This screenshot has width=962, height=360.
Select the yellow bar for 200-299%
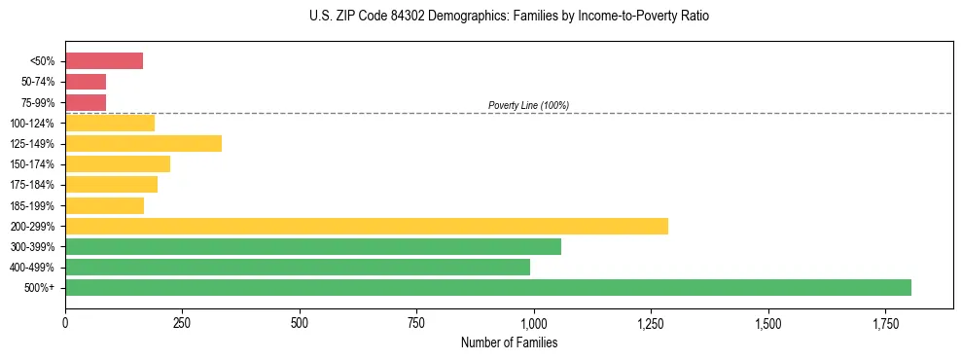[x=367, y=226]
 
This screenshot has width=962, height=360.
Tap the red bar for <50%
[x=104, y=61]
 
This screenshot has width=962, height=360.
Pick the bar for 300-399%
[x=313, y=246]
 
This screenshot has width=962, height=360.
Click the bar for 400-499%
[x=298, y=267]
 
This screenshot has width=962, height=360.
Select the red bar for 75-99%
[x=86, y=102]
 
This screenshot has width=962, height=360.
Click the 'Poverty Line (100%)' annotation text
[x=528, y=105]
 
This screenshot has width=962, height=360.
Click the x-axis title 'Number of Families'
[x=510, y=342]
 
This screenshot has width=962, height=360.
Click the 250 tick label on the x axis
[x=182, y=323]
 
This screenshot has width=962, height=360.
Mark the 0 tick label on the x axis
[x=65, y=323]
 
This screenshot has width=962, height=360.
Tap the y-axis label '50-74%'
[x=38, y=82]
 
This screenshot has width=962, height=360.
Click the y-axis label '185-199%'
[x=33, y=205]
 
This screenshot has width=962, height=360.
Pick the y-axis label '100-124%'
[x=33, y=123]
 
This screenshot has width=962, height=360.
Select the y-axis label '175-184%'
[x=33, y=185]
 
